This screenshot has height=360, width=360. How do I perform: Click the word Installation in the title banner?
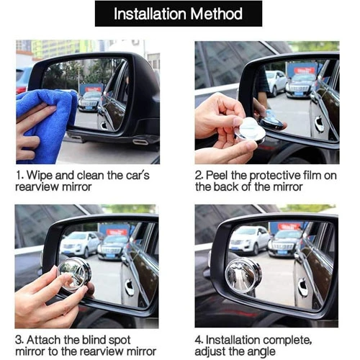(150, 14)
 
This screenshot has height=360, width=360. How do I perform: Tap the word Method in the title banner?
(217, 14)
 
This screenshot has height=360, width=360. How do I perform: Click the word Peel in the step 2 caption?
(217, 175)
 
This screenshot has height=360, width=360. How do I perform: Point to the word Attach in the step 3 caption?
(44, 340)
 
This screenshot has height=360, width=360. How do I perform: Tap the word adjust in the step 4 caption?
(210, 352)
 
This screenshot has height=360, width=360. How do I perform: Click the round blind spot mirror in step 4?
(243, 276)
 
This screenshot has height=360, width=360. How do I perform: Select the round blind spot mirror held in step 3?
(74, 274)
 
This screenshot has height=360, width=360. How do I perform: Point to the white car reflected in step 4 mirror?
(249, 240)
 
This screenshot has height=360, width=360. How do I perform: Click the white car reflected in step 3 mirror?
(79, 244)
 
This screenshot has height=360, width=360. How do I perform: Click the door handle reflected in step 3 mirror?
(130, 287)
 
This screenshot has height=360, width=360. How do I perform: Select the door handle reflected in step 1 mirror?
(104, 125)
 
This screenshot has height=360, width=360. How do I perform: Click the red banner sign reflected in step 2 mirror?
(305, 70)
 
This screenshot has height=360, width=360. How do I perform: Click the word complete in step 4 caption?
(287, 341)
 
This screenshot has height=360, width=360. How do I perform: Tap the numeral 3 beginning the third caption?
(19, 340)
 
